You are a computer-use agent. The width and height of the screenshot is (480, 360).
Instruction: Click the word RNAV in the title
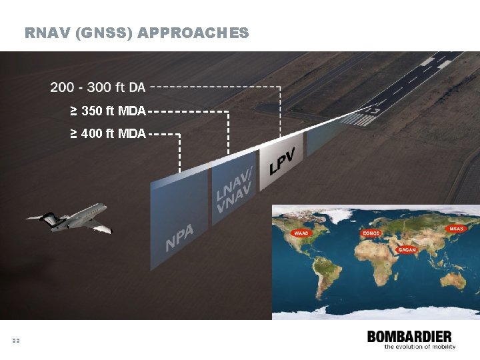pyautogui.click(x=47, y=33)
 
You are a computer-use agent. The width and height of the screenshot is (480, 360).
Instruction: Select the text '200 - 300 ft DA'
pyautogui.click(x=97, y=87)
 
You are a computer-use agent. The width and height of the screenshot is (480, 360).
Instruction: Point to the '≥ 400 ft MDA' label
pyautogui.click(x=108, y=134)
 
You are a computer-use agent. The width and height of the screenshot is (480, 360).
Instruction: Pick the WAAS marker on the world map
pyautogui.click(x=302, y=233)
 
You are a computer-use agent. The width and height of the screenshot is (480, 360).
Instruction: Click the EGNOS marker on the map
pyautogui.click(x=371, y=233)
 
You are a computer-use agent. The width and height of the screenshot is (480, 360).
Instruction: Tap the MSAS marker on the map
pyautogui.click(x=456, y=229)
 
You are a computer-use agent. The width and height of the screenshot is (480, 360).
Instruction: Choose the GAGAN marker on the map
pyautogui.click(x=407, y=250)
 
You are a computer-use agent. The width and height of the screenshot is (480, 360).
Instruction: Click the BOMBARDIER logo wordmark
pyautogui.click(x=409, y=337)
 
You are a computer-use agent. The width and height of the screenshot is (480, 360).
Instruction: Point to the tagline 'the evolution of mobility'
pyautogui.click(x=419, y=347)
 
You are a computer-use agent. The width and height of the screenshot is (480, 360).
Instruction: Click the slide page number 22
pyautogui.click(x=16, y=341)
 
